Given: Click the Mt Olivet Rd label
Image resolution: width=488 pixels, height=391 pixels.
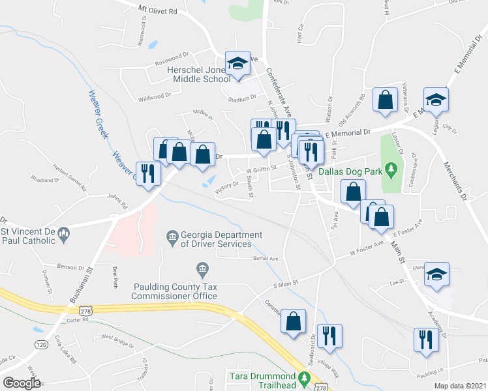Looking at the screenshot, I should tap(158, 10).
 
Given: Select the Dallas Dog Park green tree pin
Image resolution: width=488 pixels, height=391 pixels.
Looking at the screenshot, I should tap(391, 171).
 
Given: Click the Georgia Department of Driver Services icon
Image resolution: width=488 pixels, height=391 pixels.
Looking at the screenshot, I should tap(172, 236).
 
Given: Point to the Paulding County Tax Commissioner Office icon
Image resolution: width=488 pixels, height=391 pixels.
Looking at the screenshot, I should tap(202, 268).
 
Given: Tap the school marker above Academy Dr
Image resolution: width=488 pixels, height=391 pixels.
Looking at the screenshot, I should tap(437, 275).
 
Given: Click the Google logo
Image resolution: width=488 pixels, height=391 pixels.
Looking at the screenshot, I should tap(22, 383).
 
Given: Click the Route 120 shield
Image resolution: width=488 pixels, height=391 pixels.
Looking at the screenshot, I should tap(41, 343).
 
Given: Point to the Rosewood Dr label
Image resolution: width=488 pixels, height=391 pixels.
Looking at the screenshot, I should tap(171, 63).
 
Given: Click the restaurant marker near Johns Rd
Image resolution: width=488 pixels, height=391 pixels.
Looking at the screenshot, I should tap(148, 173).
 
